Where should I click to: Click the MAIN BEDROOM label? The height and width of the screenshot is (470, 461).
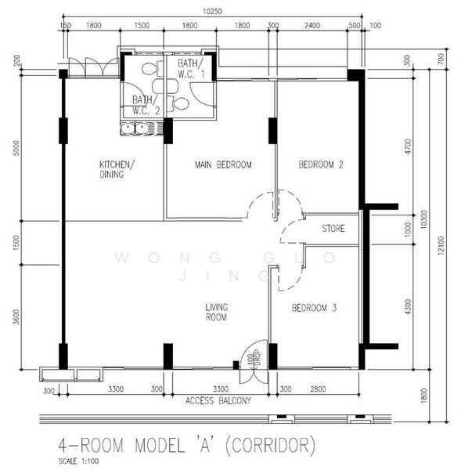point(223,164)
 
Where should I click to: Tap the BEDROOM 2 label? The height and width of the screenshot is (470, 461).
point(321,164)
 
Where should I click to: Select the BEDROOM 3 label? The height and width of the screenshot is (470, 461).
point(314,308)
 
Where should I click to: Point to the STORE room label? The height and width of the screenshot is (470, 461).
point(333,229)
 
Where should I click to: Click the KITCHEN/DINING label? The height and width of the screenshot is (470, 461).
point(117,169)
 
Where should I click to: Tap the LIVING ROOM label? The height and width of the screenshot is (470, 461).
point(217,312)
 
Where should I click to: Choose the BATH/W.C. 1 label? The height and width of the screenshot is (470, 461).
point(192,69)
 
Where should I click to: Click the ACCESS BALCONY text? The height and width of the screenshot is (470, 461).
point(218,401)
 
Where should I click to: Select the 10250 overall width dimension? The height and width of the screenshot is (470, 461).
point(212,12)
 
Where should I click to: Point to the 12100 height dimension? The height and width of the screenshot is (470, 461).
point(441,246)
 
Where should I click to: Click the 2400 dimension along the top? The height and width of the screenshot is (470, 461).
point(312,26)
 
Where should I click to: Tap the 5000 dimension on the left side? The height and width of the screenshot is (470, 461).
point(16,148)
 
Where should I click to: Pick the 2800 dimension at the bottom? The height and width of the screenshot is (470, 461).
point(318,389)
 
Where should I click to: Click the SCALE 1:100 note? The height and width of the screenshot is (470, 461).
point(78,461)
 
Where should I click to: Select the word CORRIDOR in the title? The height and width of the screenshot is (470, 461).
point(270,445)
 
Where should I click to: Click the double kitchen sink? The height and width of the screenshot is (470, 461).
point(135,129)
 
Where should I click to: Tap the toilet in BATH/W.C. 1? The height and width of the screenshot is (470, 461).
point(178,103)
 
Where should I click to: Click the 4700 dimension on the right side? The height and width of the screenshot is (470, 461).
point(408,146)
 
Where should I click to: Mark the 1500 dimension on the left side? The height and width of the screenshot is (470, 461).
point(16,243)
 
